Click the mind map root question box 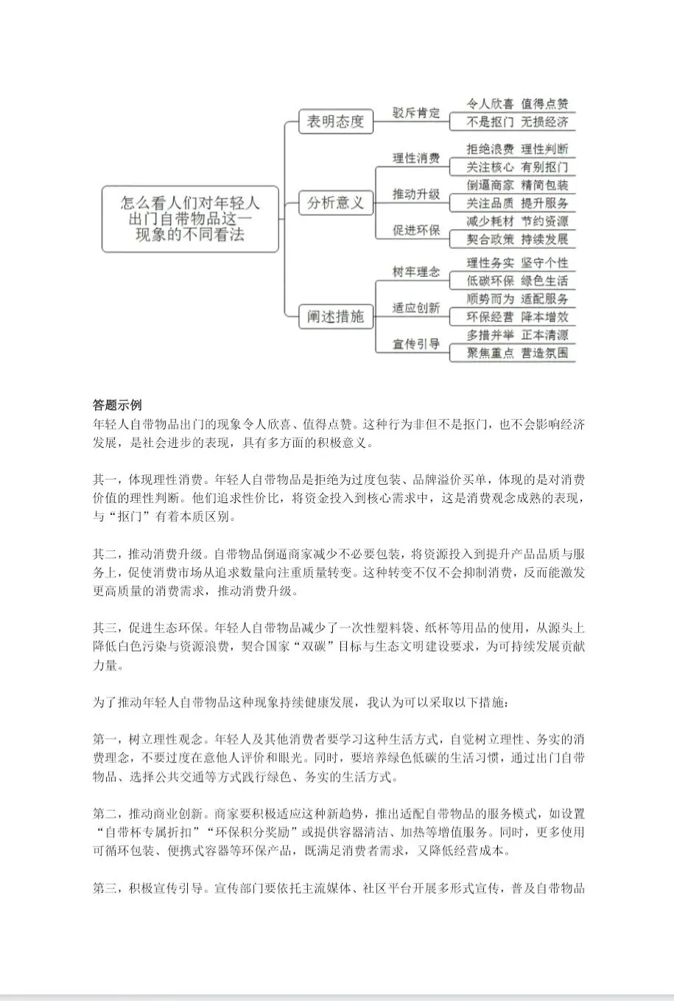190,218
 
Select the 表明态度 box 335,122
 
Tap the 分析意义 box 335,203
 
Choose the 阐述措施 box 335,317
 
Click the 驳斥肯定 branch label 416,113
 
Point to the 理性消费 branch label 416,158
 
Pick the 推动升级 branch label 416,194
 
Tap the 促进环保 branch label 416,230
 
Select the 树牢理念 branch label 416,272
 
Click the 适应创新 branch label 416,308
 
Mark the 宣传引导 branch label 416,344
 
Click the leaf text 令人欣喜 490,105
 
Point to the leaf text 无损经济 544,122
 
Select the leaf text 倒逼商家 490,186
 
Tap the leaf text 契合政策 490,239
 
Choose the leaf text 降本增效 544,317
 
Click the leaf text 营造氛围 544,353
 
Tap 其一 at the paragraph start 105,480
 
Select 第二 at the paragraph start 105,813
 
